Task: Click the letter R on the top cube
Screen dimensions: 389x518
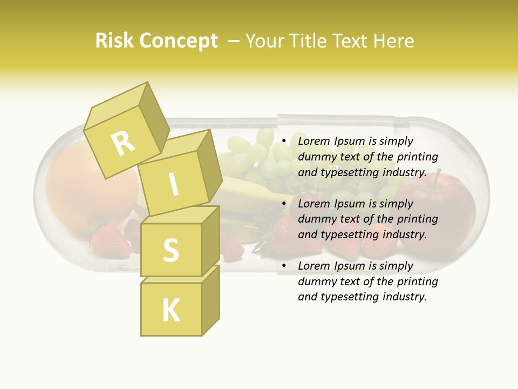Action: [124, 144]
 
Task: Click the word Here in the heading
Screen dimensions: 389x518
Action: [392, 41]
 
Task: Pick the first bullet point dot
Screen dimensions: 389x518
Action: [284, 141]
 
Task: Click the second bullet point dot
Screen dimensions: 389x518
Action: [284, 204]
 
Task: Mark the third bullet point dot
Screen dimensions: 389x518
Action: [284, 266]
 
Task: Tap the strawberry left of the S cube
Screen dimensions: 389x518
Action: [111, 240]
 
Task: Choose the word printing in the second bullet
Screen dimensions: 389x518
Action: [418, 219]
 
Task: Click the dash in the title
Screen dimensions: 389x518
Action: [234, 41]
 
